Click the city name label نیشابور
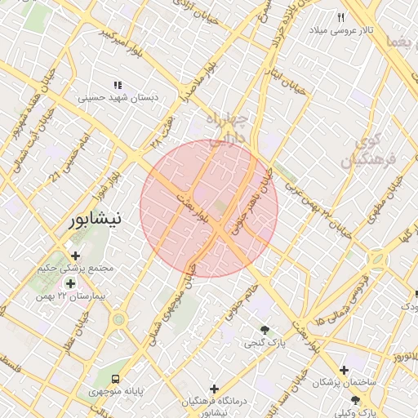click(96, 220)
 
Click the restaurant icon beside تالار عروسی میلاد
click(341, 16)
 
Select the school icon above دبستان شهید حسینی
click(118, 84)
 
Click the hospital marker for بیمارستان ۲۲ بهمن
click(70, 284)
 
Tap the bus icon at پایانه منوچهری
click(116, 379)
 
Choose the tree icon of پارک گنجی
click(265, 329)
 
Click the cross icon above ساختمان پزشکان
click(343, 370)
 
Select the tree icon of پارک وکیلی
click(355, 400)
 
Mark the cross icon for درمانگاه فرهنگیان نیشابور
click(215, 389)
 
